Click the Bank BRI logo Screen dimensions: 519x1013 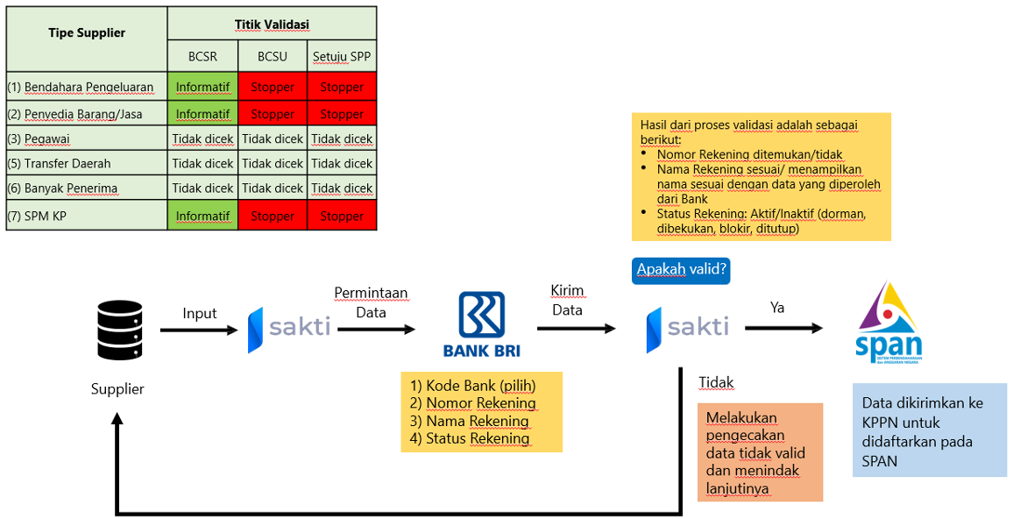(x=481, y=324)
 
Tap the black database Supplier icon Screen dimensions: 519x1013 (x=118, y=331)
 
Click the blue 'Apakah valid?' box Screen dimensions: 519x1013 (x=681, y=269)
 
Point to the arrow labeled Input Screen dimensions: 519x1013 (x=199, y=331)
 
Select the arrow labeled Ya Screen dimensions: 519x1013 (x=783, y=329)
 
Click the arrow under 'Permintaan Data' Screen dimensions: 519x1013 (x=376, y=330)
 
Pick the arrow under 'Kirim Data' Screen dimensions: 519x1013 (x=576, y=329)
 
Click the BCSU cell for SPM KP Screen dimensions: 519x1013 (x=273, y=216)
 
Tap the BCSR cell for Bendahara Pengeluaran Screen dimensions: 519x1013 (x=202, y=87)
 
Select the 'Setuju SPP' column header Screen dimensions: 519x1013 (x=342, y=57)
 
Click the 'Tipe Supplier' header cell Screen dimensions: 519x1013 (x=87, y=33)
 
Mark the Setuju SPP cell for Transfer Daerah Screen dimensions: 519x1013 (x=342, y=163)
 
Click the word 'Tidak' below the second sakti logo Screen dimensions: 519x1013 (x=716, y=382)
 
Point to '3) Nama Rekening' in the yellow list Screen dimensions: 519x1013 (x=470, y=421)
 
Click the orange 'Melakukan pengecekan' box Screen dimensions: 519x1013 (x=760, y=452)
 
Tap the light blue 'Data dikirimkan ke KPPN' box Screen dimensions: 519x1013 (x=929, y=430)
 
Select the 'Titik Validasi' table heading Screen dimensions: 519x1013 (x=272, y=24)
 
